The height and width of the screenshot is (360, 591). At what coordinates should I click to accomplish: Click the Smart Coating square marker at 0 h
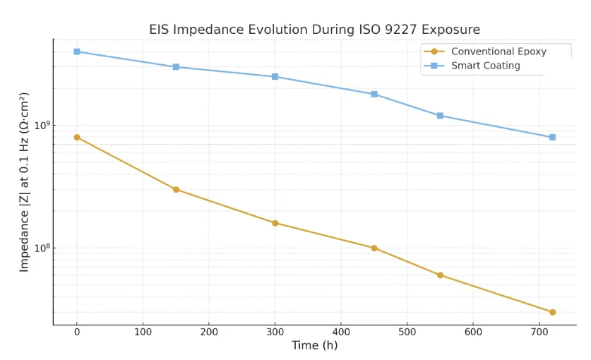pyautogui.click(x=77, y=52)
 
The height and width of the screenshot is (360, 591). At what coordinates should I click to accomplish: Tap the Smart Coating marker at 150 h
pyautogui.click(x=176, y=67)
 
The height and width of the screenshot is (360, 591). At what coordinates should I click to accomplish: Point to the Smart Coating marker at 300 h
pyautogui.click(x=275, y=76)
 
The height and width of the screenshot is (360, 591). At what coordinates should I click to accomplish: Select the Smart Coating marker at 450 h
pyautogui.click(x=374, y=94)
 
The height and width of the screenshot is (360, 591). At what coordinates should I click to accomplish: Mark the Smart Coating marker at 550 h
pyautogui.click(x=440, y=116)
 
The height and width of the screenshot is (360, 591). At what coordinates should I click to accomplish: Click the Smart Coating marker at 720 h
pyautogui.click(x=552, y=137)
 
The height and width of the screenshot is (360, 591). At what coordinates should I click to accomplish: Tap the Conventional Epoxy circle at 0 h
pyautogui.click(x=77, y=137)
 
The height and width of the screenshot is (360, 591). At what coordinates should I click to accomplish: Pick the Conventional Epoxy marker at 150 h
pyautogui.click(x=176, y=189)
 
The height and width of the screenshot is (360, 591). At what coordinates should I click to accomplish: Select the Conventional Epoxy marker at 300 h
pyautogui.click(x=275, y=223)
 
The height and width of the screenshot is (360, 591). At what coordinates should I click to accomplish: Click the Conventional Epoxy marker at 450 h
pyautogui.click(x=374, y=248)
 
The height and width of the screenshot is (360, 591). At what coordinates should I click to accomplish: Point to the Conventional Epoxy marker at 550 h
pyautogui.click(x=440, y=275)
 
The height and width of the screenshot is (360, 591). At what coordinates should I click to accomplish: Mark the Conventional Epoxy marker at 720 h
pyautogui.click(x=552, y=312)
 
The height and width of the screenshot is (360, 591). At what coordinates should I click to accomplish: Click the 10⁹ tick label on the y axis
pyautogui.click(x=43, y=125)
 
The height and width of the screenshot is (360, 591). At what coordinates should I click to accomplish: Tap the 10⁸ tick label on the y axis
pyautogui.click(x=43, y=248)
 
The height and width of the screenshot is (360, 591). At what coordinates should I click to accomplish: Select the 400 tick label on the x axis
pyautogui.click(x=341, y=330)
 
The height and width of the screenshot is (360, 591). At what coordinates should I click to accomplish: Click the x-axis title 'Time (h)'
pyautogui.click(x=314, y=345)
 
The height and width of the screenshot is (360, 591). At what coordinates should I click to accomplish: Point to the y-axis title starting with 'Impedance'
pyautogui.click(x=25, y=181)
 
